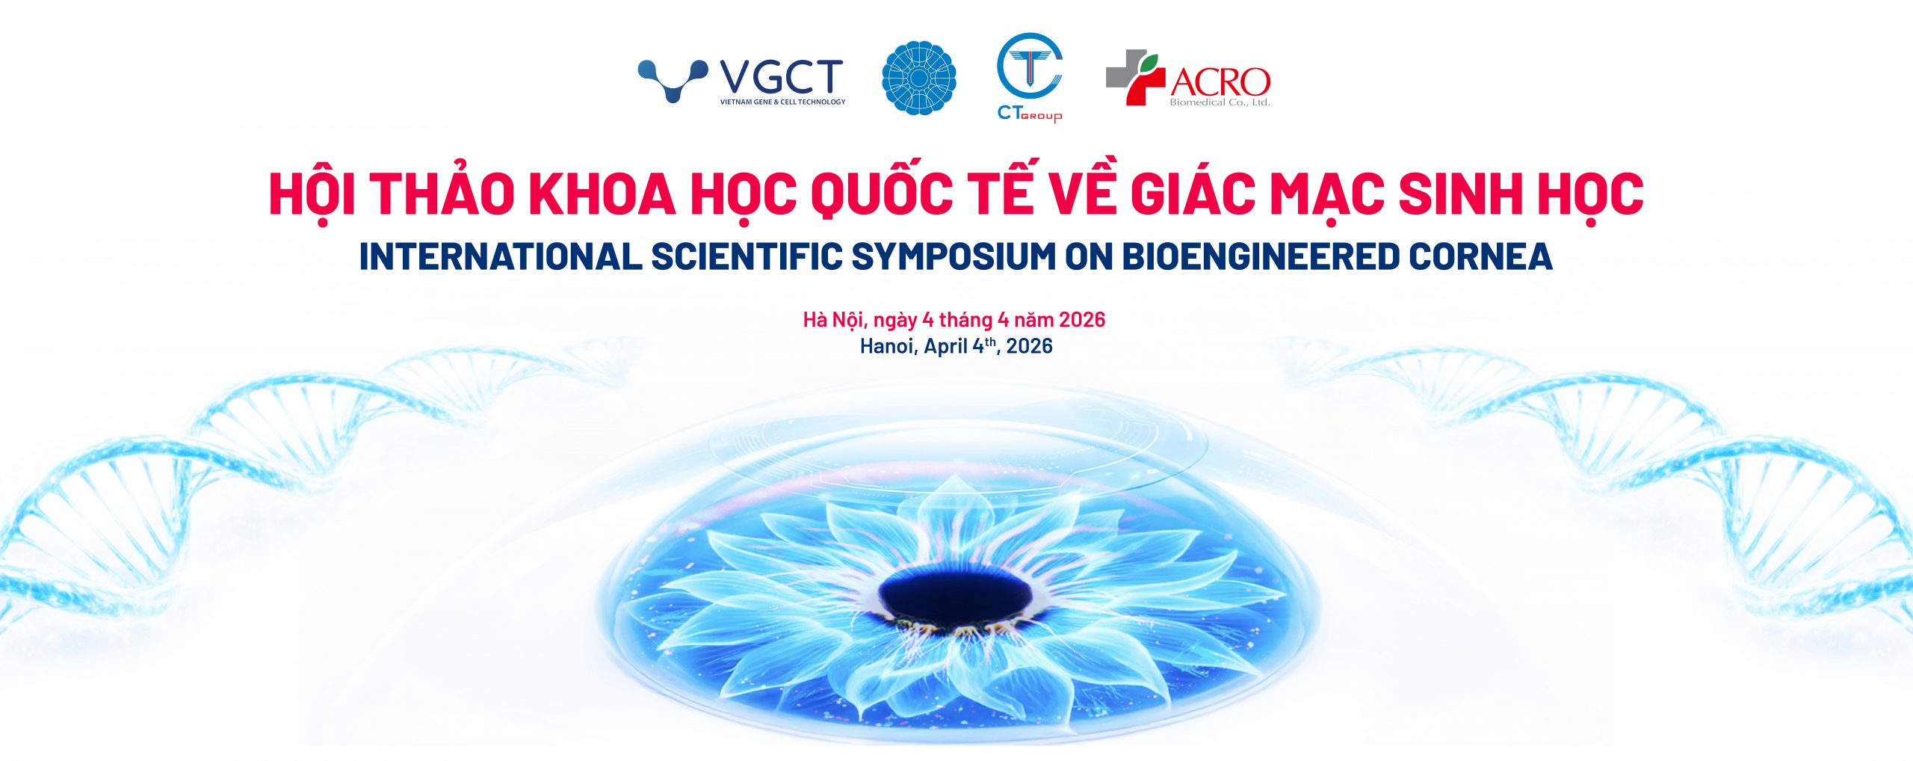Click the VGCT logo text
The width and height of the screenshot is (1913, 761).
point(781,77)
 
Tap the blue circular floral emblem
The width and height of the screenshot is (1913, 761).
point(919,78)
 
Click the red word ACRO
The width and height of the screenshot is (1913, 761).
point(1220,82)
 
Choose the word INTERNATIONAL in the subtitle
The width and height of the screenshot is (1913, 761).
point(500,256)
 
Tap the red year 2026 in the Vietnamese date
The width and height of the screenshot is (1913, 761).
point(1082,320)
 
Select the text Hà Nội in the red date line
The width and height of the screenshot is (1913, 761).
point(832,319)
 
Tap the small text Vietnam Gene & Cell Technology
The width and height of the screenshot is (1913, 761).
point(782,102)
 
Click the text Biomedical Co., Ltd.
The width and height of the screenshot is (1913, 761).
point(1220,102)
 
